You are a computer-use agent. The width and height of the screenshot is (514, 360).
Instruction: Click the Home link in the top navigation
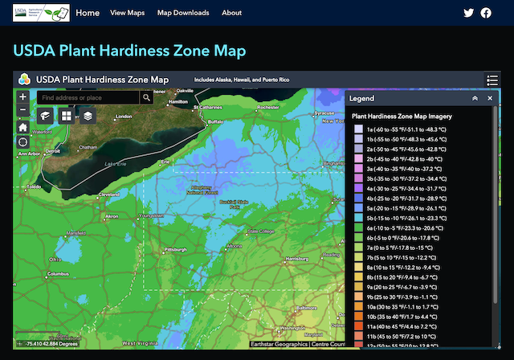(88, 13)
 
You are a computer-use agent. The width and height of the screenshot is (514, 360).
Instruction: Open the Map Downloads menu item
(183, 13)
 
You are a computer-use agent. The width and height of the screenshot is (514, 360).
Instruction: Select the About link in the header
(231, 13)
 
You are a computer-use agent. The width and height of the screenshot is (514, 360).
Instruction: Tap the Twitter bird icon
(469, 13)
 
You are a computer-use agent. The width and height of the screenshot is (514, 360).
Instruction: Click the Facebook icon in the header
(486, 13)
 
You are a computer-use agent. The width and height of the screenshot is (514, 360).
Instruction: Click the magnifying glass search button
(146, 97)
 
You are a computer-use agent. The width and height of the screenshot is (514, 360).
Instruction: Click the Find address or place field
(88, 97)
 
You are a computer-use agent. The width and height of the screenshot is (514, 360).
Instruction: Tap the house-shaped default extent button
(22, 126)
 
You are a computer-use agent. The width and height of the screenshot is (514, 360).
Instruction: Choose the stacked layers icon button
(87, 116)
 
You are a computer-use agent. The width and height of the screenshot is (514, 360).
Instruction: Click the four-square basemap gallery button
(66, 116)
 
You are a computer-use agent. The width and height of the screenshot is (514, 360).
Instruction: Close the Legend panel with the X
(490, 98)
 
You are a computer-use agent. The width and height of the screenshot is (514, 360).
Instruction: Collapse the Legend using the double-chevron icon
(475, 98)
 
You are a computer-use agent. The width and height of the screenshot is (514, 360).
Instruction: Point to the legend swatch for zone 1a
(358, 129)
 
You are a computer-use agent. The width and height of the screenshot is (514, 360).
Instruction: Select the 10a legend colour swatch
(358, 306)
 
